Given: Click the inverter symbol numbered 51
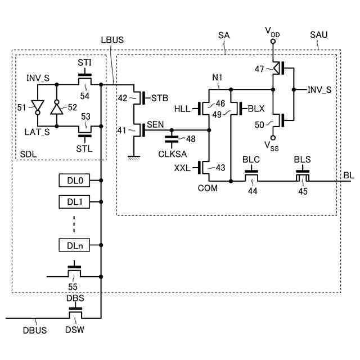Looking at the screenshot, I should click(38, 107).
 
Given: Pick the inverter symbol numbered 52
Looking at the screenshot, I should click(56, 107).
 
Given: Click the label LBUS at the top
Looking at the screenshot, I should click(112, 40).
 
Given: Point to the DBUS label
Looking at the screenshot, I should click(35, 329).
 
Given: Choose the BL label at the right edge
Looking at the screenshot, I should click(349, 175).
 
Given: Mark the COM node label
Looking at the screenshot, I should click(208, 188).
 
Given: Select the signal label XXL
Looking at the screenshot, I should click(183, 167).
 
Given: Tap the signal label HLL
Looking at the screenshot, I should click(183, 107).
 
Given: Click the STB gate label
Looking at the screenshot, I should click(160, 98).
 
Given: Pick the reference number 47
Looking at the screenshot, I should click(259, 69).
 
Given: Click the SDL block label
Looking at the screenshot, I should click(28, 154).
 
